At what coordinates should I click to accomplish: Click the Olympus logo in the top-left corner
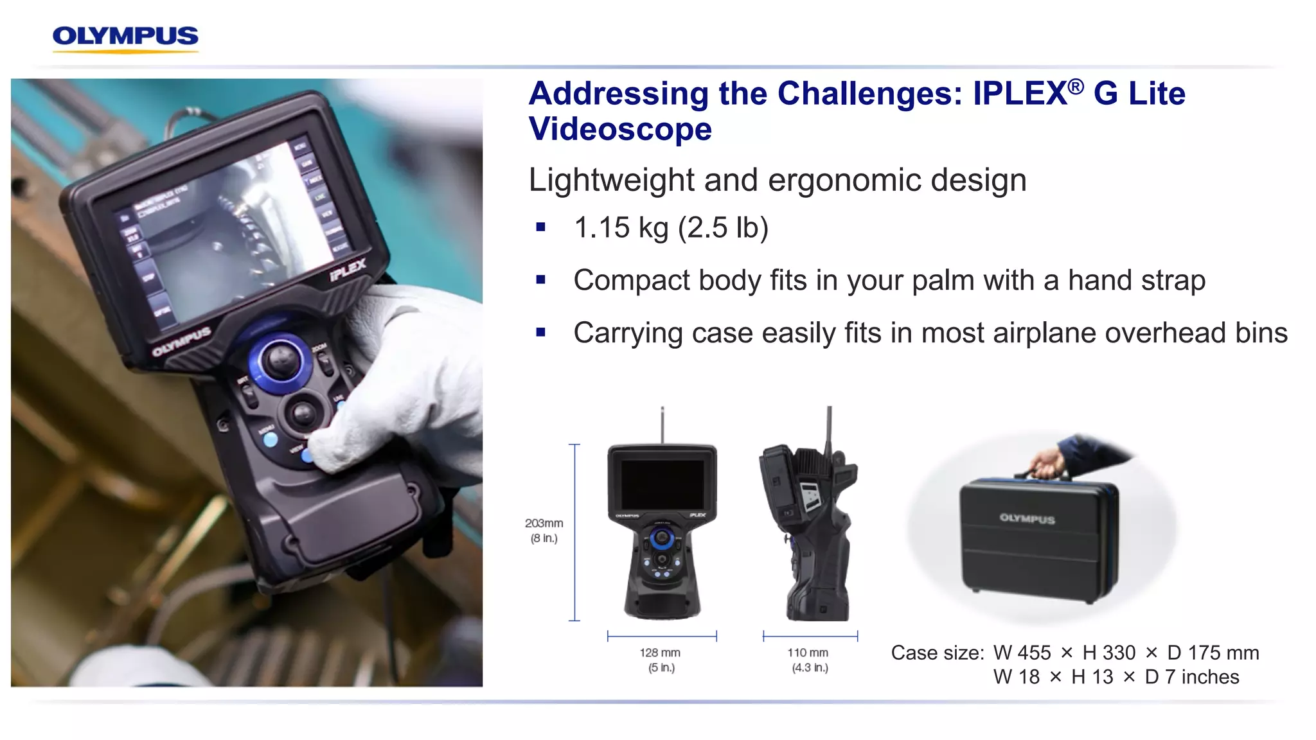[x=125, y=37]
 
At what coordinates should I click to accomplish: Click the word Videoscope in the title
[x=620, y=129]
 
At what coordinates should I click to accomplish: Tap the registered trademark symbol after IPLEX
[x=1076, y=86]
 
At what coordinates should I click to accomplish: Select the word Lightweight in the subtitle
[x=611, y=180]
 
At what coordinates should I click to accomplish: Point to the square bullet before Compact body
[x=540, y=280]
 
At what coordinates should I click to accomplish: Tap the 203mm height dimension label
[x=544, y=524]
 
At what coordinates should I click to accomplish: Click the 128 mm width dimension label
[x=660, y=653]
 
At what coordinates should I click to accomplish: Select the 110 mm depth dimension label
[x=808, y=653]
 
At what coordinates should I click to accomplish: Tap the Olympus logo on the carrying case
[x=1027, y=518]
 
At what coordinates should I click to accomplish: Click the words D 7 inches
[x=1192, y=677]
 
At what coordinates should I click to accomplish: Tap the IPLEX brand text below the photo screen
[x=348, y=270]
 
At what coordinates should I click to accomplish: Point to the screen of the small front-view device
[x=662, y=484]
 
